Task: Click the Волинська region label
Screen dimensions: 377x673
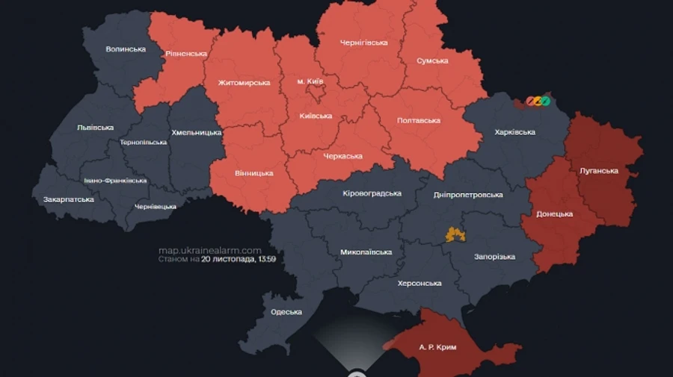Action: [x=126, y=49]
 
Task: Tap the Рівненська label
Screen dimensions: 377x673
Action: [x=186, y=53]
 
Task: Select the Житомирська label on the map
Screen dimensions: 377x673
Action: [x=244, y=82]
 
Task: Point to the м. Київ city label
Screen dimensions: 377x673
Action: [x=310, y=81]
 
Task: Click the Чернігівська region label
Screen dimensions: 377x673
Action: [x=363, y=43]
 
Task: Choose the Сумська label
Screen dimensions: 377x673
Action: [x=432, y=60]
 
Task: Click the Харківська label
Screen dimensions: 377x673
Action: [x=515, y=132]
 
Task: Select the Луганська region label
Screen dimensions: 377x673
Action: [x=599, y=170]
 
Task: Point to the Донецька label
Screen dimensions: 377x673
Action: [x=554, y=214]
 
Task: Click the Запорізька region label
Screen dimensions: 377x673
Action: [x=494, y=257]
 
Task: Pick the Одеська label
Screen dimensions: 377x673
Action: [x=286, y=312]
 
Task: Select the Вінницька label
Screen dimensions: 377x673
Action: [x=253, y=173]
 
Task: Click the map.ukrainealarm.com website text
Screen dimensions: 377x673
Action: [x=209, y=250]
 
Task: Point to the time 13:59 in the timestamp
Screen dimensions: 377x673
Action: [x=267, y=260]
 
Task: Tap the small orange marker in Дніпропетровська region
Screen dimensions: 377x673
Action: [x=455, y=235]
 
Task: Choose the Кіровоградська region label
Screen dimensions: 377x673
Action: [x=372, y=193]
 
